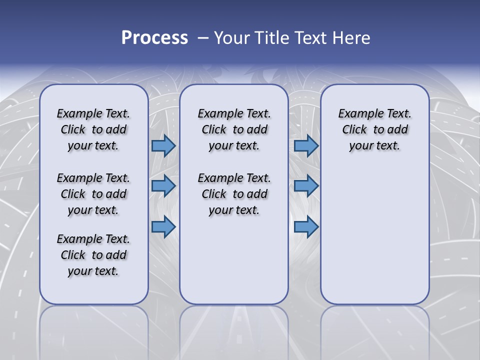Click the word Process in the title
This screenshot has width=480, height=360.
point(154,37)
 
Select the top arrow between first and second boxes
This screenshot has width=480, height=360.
point(163,145)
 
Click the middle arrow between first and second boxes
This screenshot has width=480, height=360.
point(163,186)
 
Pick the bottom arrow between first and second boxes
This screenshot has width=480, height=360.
point(163,226)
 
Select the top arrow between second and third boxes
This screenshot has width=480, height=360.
point(306,145)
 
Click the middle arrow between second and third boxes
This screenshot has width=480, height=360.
point(306,186)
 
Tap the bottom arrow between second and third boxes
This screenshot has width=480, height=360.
point(306,226)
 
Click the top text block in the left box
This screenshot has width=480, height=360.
point(93,129)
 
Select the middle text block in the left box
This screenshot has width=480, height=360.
point(93,194)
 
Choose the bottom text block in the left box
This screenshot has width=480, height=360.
point(93,255)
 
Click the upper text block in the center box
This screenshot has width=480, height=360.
point(234,129)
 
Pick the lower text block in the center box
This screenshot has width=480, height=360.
point(234,194)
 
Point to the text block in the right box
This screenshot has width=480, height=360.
point(375,129)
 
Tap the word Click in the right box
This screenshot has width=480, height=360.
point(354,130)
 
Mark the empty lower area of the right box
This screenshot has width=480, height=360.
point(375,230)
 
